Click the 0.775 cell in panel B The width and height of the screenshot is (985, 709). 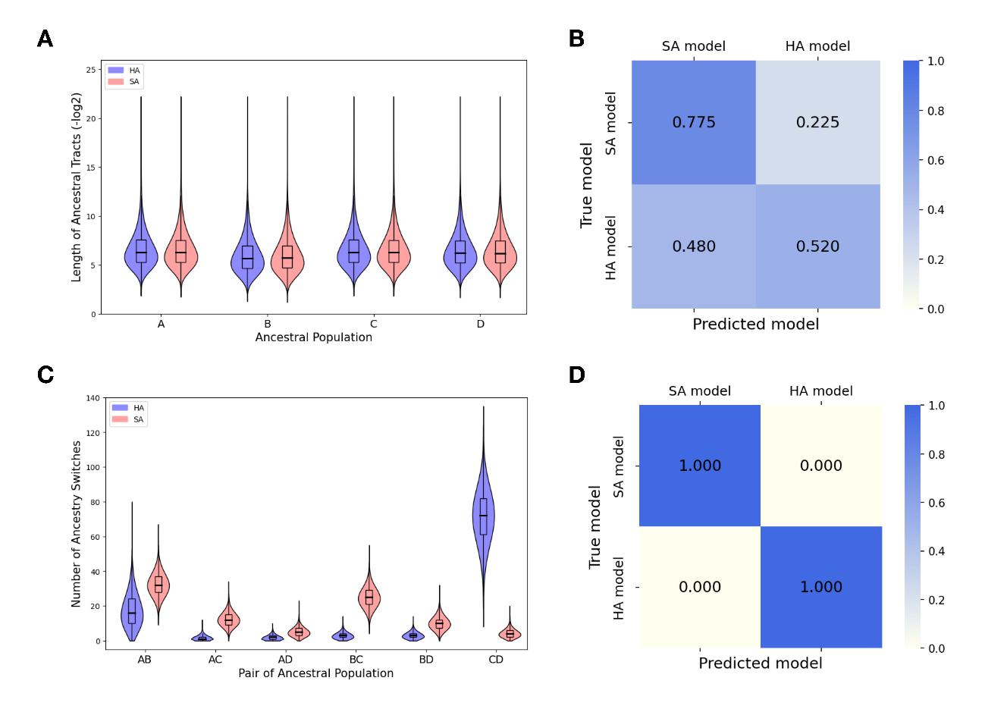tap(694, 123)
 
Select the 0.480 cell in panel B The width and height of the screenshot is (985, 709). tap(694, 246)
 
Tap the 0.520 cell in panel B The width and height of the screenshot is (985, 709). tap(817, 246)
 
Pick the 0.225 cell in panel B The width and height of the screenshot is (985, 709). tap(817, 123)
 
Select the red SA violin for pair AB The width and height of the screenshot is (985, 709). tap(158, 585)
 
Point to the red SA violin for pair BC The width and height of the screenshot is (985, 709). tap(369, 598)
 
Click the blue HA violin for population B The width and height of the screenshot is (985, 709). tap(247, 258)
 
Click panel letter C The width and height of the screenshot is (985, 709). tap(45, 375)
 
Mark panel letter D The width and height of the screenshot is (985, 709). tap(576, 375)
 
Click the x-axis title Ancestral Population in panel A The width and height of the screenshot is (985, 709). tap(314, 337)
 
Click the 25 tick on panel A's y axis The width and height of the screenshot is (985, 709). tap(91, 70)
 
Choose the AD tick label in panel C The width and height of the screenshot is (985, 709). tap(285, 660)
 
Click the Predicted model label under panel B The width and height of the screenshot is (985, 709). tap(756, 325)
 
